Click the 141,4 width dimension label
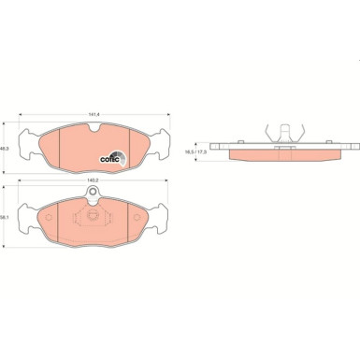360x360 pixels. [x=94, y=116]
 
